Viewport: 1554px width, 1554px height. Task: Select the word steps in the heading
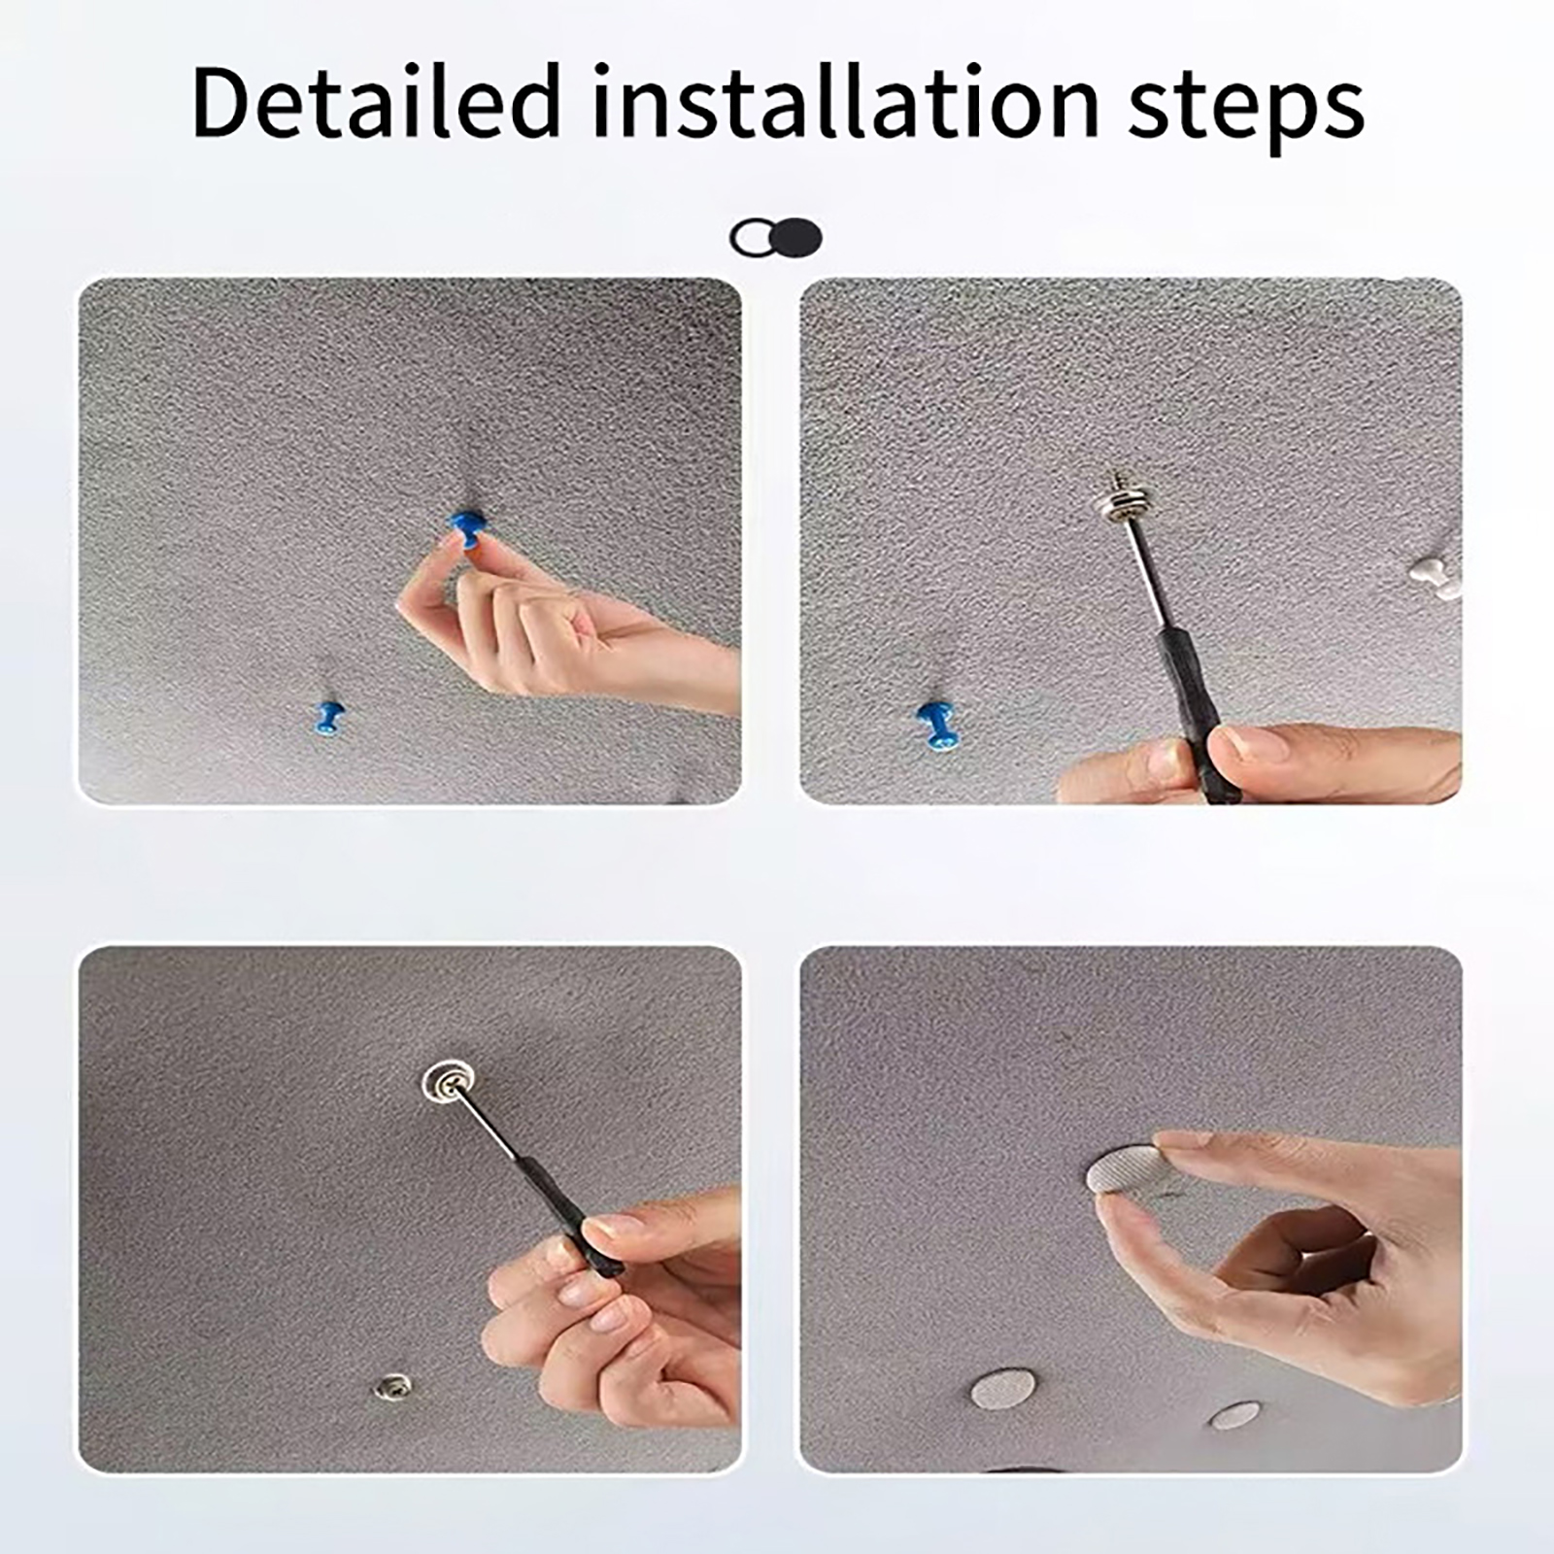pyautogui.click(x=1246, y=107)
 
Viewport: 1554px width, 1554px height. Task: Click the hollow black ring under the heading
pyautogui.click(x=751, y=237)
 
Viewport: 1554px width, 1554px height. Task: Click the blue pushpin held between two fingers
pyautogui.click(x=467, y=528)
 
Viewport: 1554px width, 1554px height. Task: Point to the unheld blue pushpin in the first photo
pyautogui.click(x=327, y=718)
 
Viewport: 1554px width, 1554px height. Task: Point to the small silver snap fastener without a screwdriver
pyautogui.click(x=392, y=1388)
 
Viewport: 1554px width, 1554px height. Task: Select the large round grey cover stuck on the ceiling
pyautogui.click(x=1003, y=1390)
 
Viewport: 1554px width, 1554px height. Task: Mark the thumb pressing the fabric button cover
pyautogui.click(x=1146, y=1243)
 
